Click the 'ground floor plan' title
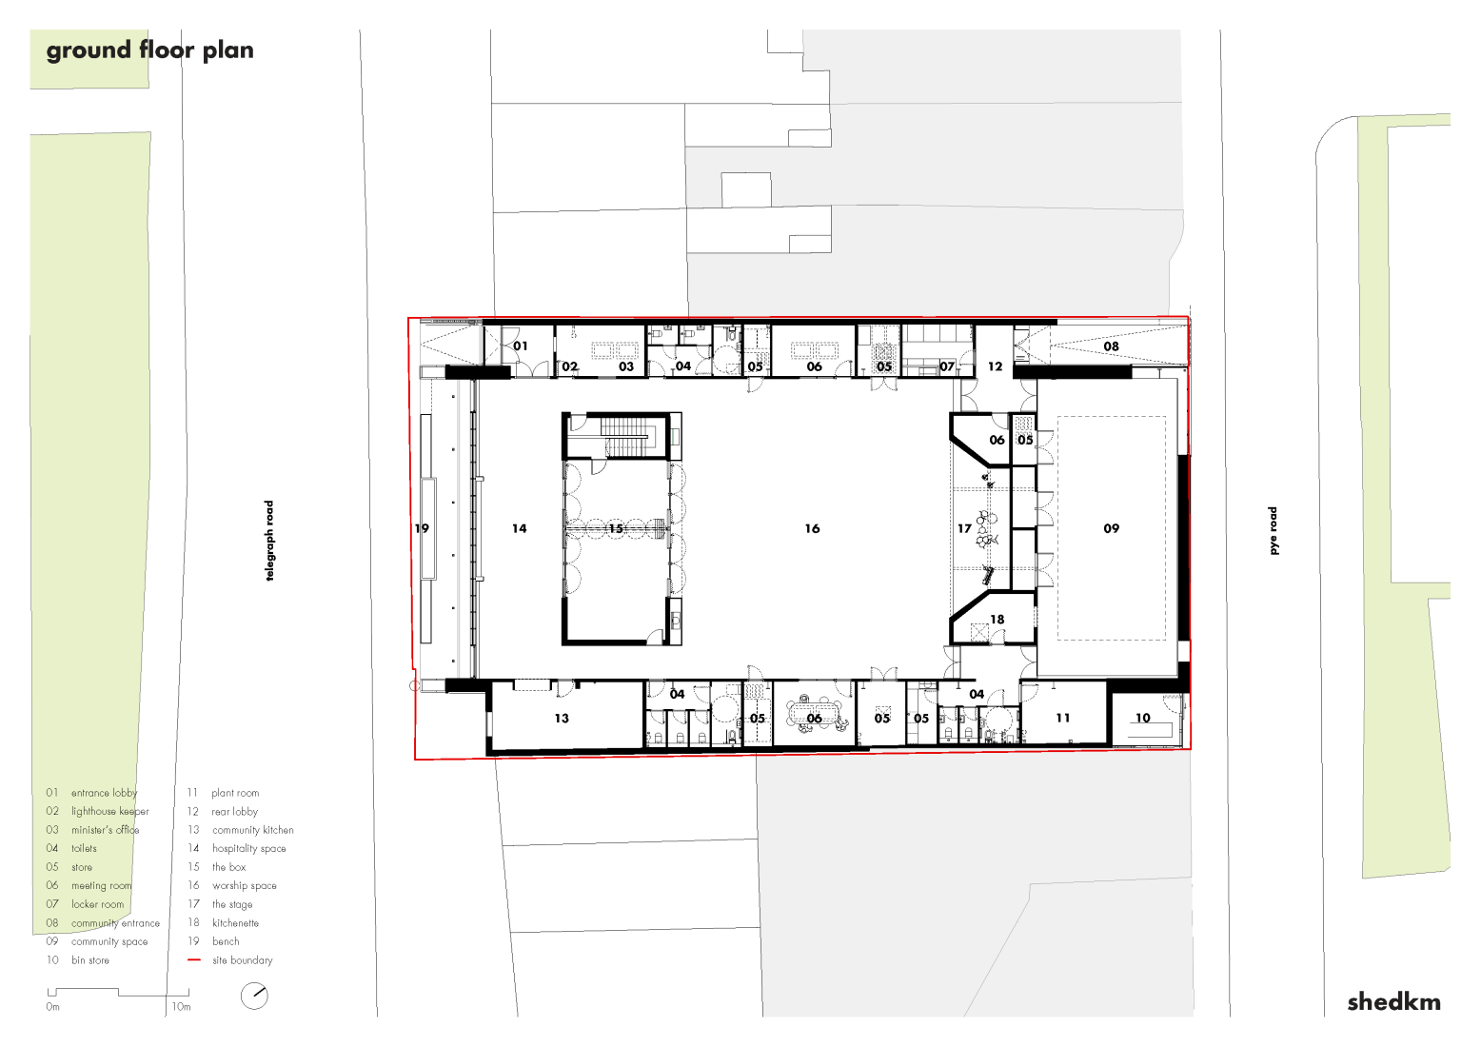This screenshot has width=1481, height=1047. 149,50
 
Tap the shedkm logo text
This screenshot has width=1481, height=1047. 1393,1001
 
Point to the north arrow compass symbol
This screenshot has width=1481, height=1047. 254,996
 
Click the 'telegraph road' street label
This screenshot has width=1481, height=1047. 269,541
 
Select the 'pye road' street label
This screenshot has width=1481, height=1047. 1273,530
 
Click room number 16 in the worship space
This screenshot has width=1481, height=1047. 812,528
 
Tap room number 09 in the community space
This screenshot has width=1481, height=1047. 1111,528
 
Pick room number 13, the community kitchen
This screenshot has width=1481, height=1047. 562,719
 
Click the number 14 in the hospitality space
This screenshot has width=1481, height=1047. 519,528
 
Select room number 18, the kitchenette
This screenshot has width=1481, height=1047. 997,620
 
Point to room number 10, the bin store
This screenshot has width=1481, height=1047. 1142,719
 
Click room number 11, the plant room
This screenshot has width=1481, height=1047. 1062,719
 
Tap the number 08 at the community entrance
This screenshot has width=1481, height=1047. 1111,346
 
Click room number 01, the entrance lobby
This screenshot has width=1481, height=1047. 520,346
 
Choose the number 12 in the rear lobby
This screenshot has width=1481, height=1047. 995,366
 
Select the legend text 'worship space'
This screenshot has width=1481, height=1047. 245,886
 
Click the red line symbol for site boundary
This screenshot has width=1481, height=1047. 194,960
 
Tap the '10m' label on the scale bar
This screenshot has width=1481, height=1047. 181,1007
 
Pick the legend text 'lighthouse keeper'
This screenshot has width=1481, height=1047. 110,812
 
